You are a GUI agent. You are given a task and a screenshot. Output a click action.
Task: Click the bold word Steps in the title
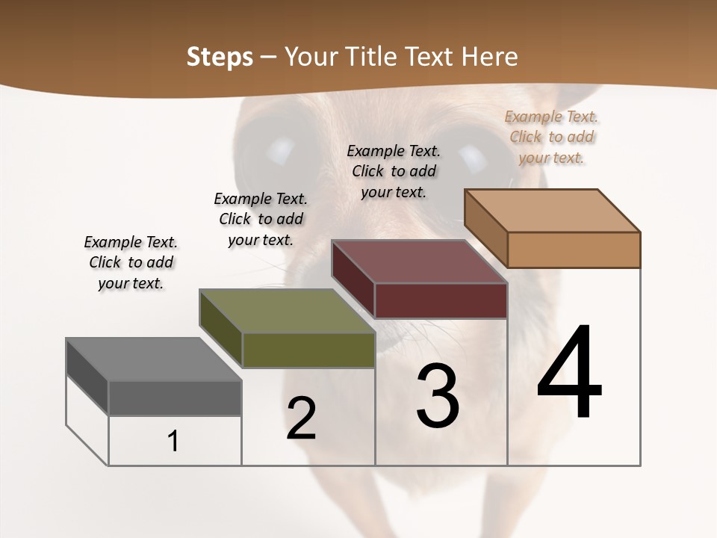tap(220, 57)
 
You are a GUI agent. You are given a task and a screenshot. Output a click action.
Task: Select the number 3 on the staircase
tap(437, 396)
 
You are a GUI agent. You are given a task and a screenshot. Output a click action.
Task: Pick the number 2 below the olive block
tap(301, 418)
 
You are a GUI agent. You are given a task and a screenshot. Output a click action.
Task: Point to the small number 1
tap(173, 442)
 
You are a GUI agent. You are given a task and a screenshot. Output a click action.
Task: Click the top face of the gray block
tap(153, 359)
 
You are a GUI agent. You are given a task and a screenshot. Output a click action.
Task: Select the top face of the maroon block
tap(419, 262)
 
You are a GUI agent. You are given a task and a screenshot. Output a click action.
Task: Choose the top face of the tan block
tap(552, 210)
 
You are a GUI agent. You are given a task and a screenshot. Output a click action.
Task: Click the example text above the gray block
tap(131, 262)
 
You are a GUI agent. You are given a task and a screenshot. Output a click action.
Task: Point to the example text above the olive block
tap(261, 219)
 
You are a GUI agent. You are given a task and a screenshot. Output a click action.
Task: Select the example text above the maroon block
tap(394, 171)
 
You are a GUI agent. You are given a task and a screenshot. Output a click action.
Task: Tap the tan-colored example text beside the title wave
tap(552, 137)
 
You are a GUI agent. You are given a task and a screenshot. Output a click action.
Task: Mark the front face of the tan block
tap(574, 250)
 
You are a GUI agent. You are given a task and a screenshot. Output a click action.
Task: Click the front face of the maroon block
tap(441, 300)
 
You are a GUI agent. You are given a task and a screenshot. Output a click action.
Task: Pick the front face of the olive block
tap(308, 350)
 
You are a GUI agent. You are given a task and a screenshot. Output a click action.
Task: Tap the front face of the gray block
tap(175, 398)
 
